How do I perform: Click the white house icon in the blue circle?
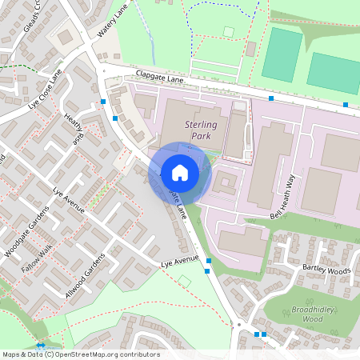coord(179,172)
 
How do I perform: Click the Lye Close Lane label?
coord(45,89)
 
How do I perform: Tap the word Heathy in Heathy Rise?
coord(73,126)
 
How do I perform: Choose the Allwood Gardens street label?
coord(85,275)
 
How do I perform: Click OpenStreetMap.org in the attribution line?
coord(92,354)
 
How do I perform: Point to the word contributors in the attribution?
coord(141,354)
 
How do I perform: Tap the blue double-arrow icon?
coord(40,346)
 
